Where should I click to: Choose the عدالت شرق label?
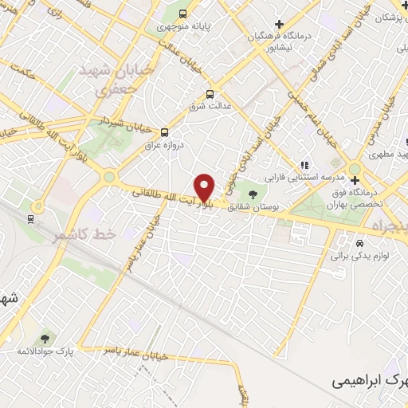pyautogui.click(x=210, y=105)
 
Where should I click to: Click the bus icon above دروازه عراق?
pyautogui.click(x=165, y=133)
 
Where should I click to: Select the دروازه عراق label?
pyautogui.click(x=164, y=147)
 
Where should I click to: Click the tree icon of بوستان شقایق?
pyautogui.click(x=253, y=194)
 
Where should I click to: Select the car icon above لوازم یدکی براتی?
pyautogui.click(x=360, y=242)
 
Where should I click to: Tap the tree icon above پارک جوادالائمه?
pyautogui.click(x=43, y=339)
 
